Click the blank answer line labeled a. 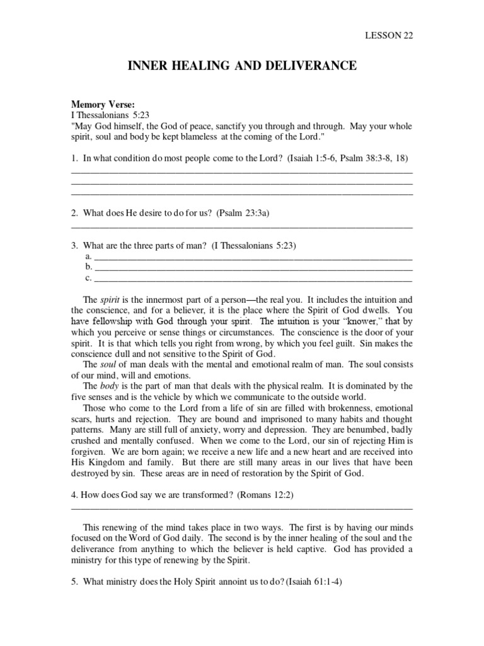[x=252, y=257]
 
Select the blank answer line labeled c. [x=252, y=278]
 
